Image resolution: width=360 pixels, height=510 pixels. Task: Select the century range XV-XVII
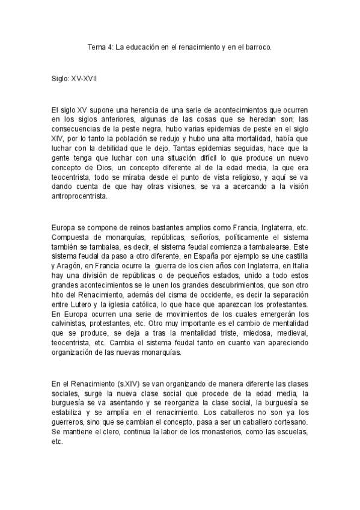tap(83, 79)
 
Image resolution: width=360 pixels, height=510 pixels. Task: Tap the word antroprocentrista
tap(81, 196)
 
